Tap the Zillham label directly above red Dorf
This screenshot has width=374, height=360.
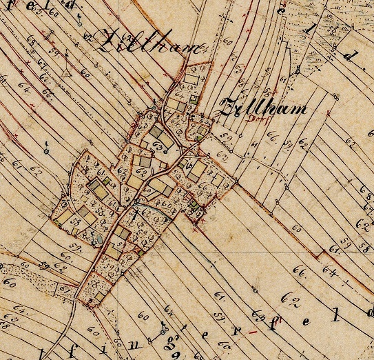261,108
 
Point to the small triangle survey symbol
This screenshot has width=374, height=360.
65,70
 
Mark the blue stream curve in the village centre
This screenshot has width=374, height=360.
142,206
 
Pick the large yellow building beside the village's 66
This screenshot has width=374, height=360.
197,169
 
